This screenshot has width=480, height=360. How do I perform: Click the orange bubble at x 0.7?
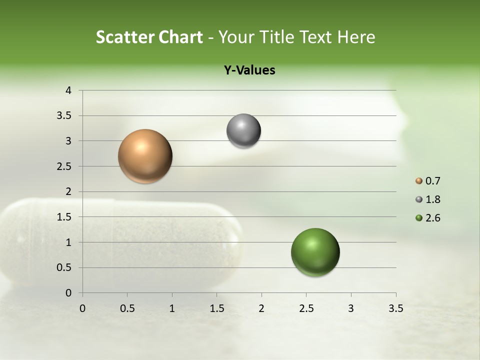(x=145, y=156)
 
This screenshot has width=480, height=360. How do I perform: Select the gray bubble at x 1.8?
(x=243, y=131)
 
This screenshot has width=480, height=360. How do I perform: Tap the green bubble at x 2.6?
(x=315, y=252)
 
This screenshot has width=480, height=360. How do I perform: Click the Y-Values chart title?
(x=249, y=70)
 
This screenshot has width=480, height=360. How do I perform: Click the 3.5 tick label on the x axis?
(x=395, y=308)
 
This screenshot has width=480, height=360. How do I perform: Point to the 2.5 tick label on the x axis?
(x=306, y=308)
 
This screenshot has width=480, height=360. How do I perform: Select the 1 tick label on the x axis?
(x=172, y=308)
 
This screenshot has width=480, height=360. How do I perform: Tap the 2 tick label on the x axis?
(x=261, y=308)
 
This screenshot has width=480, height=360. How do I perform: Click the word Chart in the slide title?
(x=180, y=37)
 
